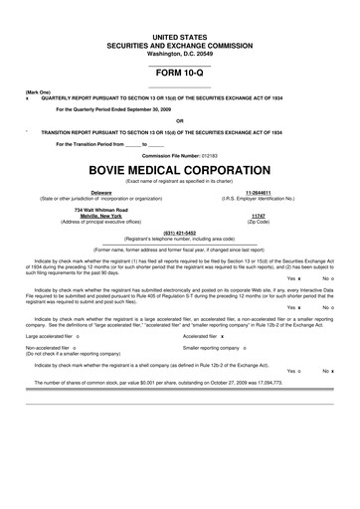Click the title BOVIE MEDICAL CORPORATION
(x=180, y=169)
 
